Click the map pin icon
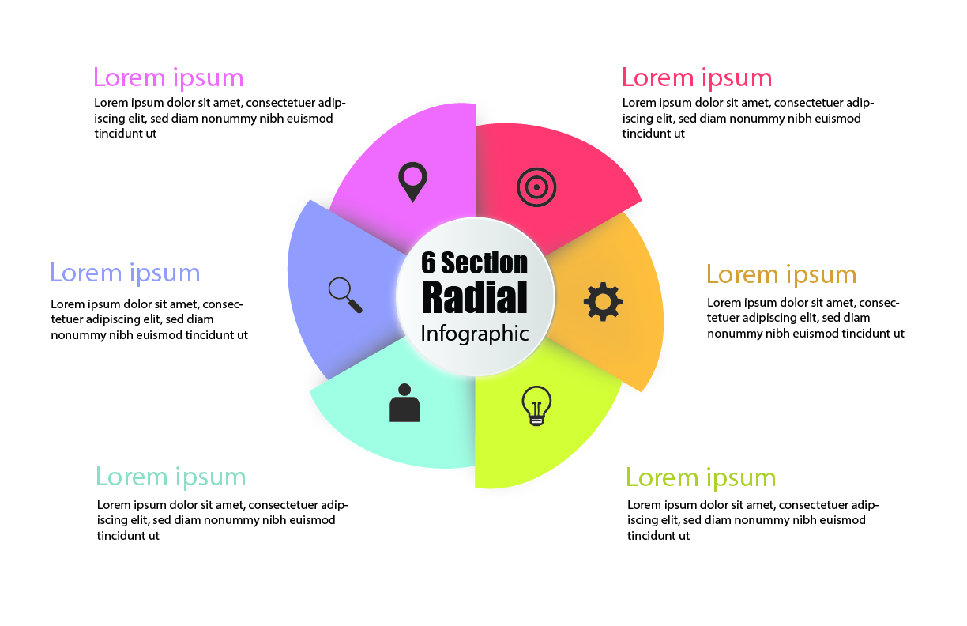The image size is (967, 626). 412,180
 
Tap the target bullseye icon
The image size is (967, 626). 536,187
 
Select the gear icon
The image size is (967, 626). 603,300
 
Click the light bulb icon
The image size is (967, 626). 536,405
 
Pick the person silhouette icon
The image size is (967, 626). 404,403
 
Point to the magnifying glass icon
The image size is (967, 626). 345,294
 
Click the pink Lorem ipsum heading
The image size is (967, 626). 168,77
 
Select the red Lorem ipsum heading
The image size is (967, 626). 697,77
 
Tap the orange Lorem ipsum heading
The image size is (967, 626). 781,274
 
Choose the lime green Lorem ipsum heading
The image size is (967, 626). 701,477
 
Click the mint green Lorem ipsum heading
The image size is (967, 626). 171,477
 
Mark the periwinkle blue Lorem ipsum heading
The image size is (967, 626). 125,273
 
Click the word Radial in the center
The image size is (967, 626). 474,296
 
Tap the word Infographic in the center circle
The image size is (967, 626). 474,333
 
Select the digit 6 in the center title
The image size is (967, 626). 429,262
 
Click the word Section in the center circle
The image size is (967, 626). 484,262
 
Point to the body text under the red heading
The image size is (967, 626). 747,118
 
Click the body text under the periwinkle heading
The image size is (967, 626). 149,319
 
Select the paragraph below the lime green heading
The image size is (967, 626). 752,520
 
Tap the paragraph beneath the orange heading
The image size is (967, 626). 805,318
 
